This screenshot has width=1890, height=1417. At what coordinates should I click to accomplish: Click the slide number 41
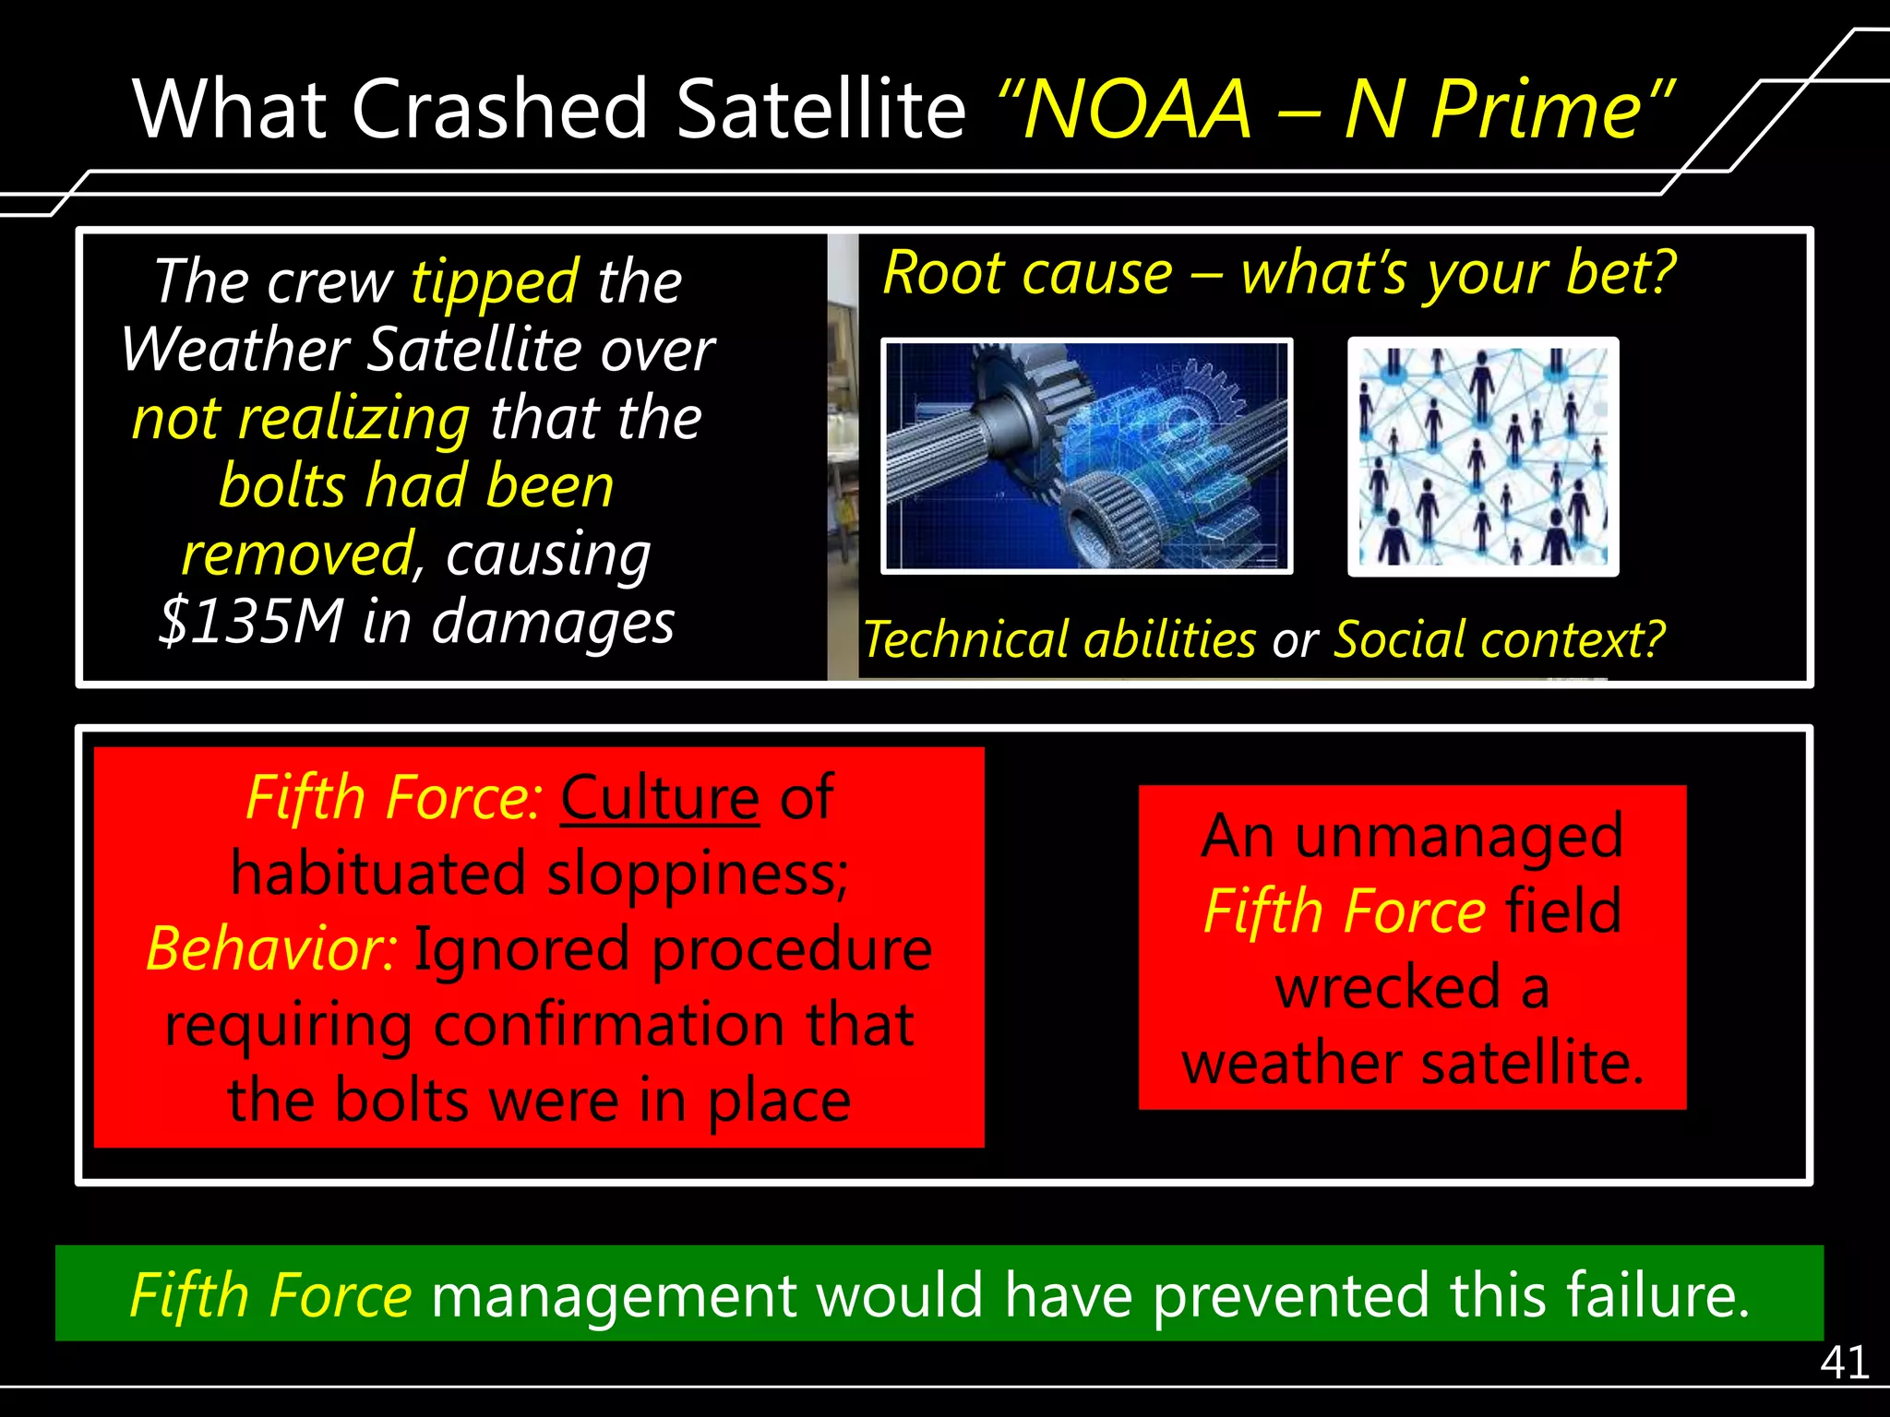coord(1844,1362)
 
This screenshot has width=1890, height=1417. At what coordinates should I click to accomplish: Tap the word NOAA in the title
coord(1138,109)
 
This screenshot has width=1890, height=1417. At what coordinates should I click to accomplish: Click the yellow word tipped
coord(495,281)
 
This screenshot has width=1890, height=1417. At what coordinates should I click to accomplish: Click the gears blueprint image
coord(1086,457)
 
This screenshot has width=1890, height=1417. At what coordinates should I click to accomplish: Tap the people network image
coord(1482,457)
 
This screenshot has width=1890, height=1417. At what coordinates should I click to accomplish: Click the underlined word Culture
coord(660,798)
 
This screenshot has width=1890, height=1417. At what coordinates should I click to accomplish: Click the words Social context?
coord(1499,639)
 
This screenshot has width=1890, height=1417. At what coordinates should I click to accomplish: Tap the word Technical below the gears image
coord(965,639)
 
